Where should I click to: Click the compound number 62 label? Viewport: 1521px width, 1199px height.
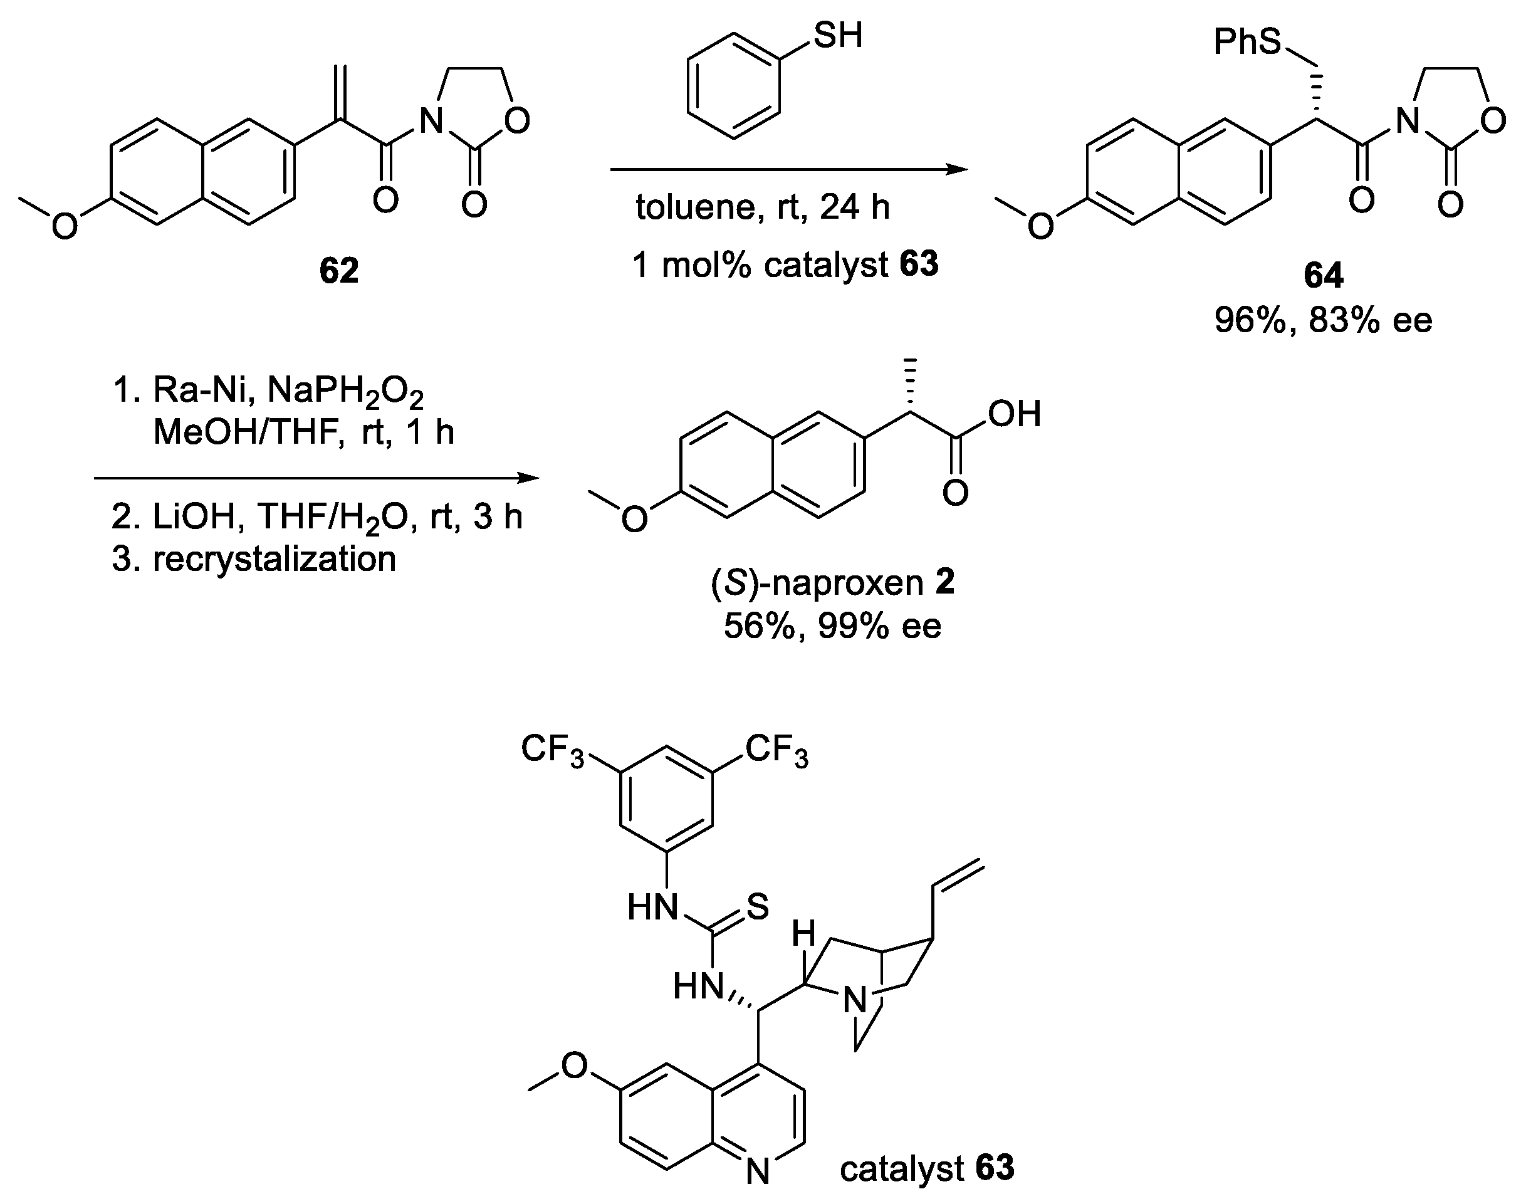point(338,270)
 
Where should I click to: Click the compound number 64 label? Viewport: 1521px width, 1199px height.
point(1323,275)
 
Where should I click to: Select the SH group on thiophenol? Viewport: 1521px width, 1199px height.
point(837,35)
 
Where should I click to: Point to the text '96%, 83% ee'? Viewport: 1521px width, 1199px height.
point(1323,321)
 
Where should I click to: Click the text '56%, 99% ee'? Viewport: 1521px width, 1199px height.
point(832,626)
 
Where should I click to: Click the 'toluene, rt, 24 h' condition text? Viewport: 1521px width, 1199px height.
point(762,207)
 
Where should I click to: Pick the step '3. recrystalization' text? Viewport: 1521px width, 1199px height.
point(254,560)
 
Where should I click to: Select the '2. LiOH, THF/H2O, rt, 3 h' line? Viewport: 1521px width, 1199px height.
point(317,517)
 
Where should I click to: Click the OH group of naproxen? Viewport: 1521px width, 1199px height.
point(1014,414)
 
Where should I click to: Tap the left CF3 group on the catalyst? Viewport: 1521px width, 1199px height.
point(552,750)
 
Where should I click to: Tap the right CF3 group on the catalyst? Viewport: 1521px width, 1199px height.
point(776,750)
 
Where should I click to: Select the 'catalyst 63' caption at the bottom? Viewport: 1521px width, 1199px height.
point(926,1168)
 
